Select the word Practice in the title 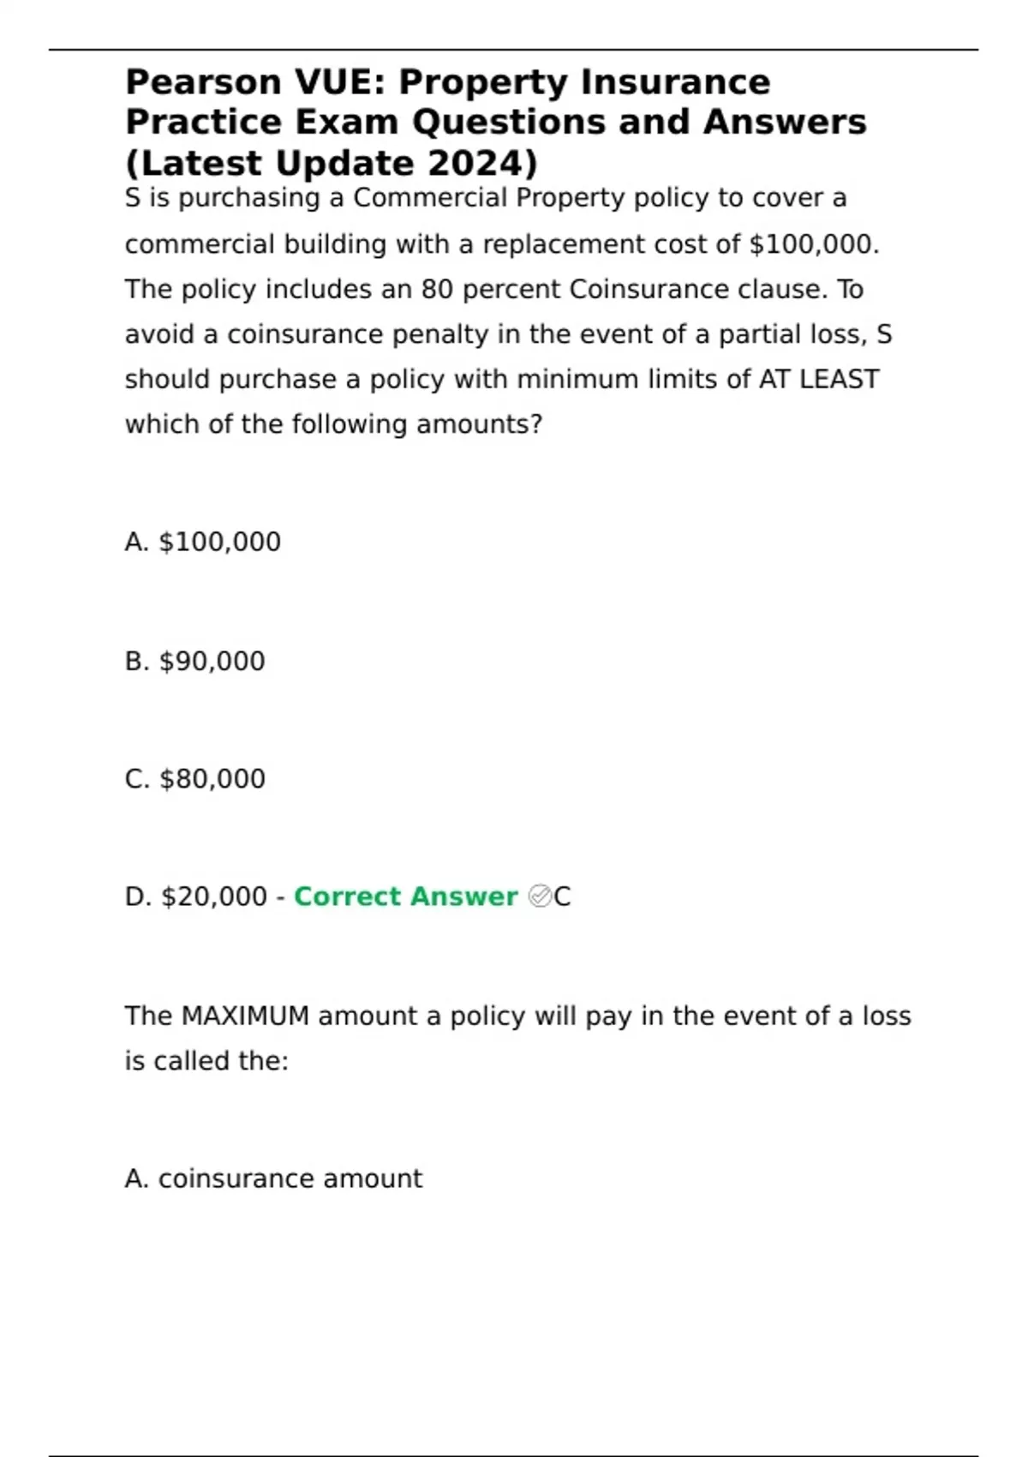point(203,123)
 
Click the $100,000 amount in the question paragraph point(813,244)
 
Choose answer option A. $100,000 point(203,542)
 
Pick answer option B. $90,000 point(195,661)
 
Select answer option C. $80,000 point(195,779)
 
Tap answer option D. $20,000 point(196,896)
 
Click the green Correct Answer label point(405,896)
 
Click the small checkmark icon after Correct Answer point(540,896)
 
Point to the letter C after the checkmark point(562,896)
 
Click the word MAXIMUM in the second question point(245,1016)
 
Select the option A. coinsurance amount point(273,1179)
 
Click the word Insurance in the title point(675,83)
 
